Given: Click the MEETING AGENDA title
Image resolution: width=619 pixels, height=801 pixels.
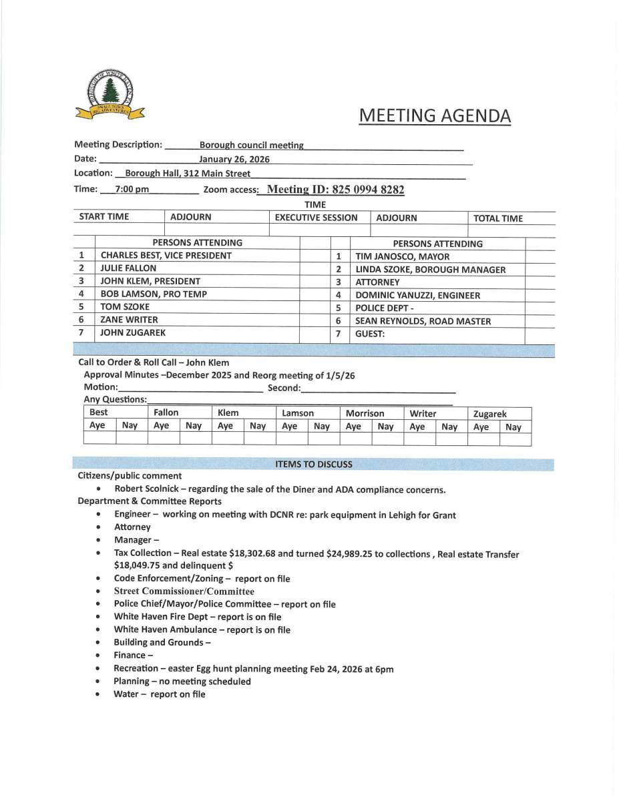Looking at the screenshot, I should pyautogui.click(x=435, y=116).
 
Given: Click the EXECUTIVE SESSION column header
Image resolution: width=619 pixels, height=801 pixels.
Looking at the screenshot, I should pyautogui.click(x=316, y=218).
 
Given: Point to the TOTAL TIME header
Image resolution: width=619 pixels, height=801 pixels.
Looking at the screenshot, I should pyautogui.click(x=498, y=218).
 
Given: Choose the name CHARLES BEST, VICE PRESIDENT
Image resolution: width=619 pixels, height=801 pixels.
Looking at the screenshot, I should pyautogui.click(x=166, y=256).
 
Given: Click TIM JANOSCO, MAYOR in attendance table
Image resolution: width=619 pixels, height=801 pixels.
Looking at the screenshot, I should pyautogui.click(x=402, y=256).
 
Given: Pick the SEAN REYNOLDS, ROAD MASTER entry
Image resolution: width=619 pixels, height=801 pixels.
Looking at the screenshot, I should pyautogui.click(x=423, y=321).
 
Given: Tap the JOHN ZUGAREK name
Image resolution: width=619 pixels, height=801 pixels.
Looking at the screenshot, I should pyautogui.click(x=133, y=332).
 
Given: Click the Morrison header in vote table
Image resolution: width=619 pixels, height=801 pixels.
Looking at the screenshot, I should pyautogui.click(x=365, y=414).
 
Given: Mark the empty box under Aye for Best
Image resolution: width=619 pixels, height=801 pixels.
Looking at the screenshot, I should pyautogui.click(x=99, y=439).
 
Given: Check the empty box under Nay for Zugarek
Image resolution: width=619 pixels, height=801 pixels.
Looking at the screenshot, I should pyautogui.click(x=515, y=439).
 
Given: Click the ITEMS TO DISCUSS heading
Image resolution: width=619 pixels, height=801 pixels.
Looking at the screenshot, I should pyautogui.click(x=313, y=464).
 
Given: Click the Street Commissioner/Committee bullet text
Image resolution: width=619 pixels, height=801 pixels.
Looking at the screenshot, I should pyautogui.click(x=184, y=591).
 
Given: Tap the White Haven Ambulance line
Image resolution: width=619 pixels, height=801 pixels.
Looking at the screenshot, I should pyautogui.click(x=202, y=629).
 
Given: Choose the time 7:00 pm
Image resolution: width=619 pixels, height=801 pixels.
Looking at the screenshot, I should pyautogui.click(x=132, y=190).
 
